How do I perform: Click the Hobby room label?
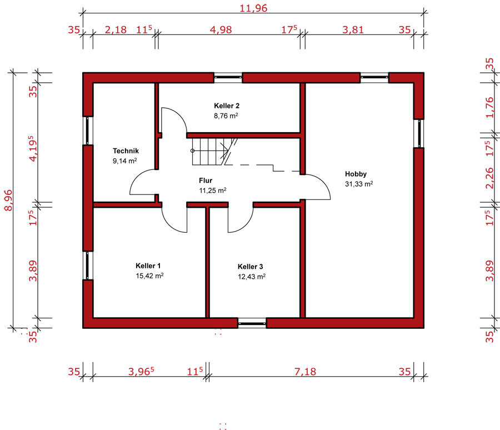[356, 174]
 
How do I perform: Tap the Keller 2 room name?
[227, 106]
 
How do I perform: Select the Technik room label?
[126, 151]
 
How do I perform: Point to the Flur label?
[206, 181]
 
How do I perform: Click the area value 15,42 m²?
[149, 276]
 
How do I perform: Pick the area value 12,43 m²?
[252, 277]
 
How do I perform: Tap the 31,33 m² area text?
[359, 184]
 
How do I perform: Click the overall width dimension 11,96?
[253, 8]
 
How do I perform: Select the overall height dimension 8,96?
[8, 200]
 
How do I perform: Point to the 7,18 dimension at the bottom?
[305, 372]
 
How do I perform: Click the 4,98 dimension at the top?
[221, 29]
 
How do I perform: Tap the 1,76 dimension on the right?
[489, 108]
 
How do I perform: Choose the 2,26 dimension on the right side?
[489, 178]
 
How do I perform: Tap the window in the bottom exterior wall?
[252, 323]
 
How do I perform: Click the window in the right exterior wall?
[419, 134]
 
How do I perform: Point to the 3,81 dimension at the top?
[353, 29]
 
